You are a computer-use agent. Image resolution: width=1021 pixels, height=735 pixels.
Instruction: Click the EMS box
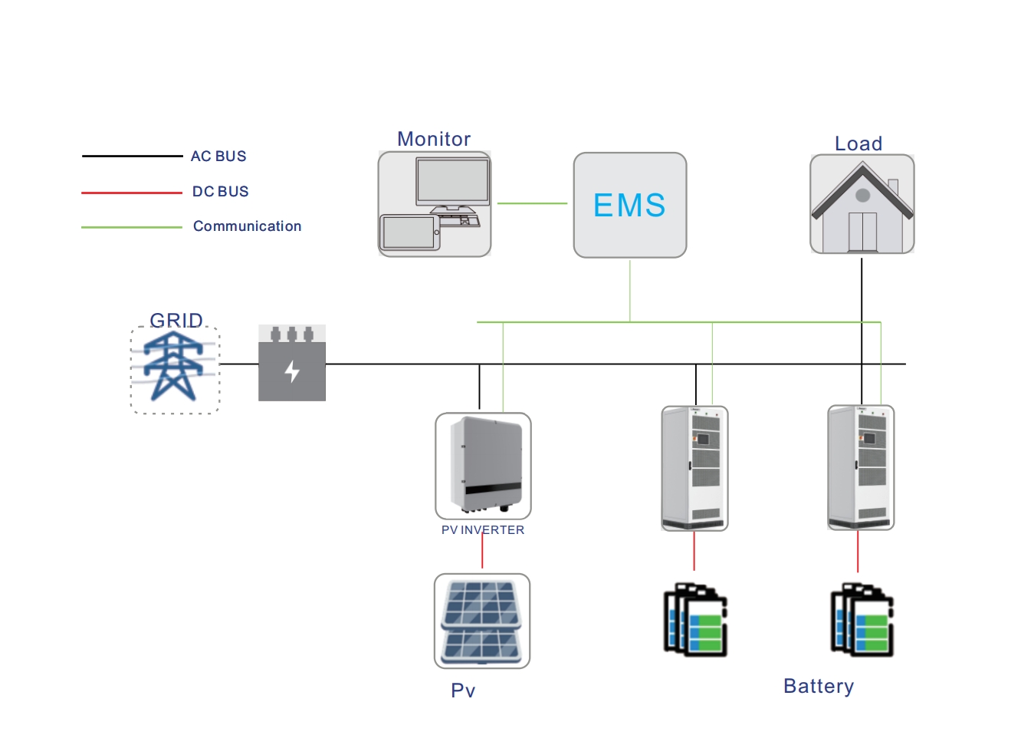[x=630, y=205]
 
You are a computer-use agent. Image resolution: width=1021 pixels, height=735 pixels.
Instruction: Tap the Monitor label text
[x=434, y=139]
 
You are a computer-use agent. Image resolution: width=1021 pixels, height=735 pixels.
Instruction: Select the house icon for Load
[x=862, y=205]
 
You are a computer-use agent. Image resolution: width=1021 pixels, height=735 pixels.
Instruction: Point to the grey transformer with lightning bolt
[x=292, y=364]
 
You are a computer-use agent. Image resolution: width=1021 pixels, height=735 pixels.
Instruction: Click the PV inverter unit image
[x=483, y=465]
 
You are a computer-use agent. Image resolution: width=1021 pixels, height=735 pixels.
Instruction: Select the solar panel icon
[x=482, y=621]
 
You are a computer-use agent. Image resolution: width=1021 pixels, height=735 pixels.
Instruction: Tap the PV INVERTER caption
[x=483, y=530]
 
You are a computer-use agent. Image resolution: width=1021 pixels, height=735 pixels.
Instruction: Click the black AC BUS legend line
[x=132, y=157]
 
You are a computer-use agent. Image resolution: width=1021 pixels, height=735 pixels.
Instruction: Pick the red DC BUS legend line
[x=132, y=193]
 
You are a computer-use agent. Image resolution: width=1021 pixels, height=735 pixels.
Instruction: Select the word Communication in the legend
[x=247, y=226]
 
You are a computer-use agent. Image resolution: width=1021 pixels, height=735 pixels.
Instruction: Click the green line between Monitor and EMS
[x=532, y=203]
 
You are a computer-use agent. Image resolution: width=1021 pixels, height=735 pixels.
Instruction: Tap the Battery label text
[x=819, y=686]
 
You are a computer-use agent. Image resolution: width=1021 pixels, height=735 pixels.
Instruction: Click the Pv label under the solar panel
[x=463, y=691]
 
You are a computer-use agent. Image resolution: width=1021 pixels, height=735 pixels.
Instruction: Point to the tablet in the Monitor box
[x=409, y=232]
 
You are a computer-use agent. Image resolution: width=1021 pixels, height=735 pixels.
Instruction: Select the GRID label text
[x=176, y=320]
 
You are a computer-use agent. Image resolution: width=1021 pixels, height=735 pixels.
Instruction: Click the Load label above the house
[x=858, y=143]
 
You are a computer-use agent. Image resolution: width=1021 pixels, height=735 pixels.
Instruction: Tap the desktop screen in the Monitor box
[x=453, y=180]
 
